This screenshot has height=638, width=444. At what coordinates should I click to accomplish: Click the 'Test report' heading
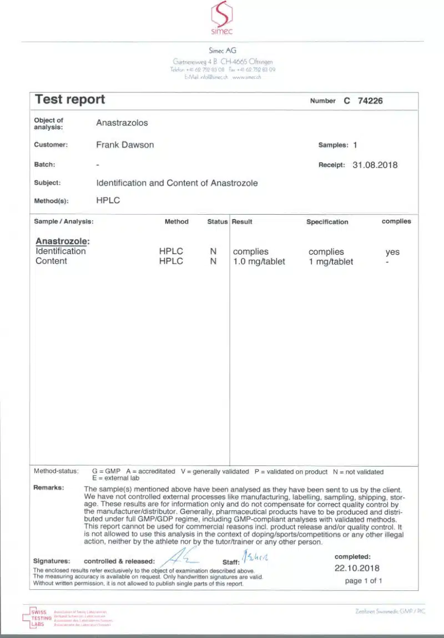(70, 100)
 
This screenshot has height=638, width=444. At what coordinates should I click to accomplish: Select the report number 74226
(370, 101)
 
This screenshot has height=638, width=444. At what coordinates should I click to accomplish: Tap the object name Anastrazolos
(122, 123)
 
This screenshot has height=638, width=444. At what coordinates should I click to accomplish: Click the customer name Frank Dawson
(125, 145)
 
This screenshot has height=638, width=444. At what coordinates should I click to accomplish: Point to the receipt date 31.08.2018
(375, 165)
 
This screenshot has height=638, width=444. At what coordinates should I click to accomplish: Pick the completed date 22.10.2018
(357, 568)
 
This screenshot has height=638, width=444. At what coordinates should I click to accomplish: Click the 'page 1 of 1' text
(364, 581)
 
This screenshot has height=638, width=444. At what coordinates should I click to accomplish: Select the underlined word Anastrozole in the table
(62, 241)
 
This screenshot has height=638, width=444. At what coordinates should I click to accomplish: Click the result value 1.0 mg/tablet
(259, 261)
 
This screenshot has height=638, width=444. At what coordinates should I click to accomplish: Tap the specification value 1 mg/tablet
(331, 261)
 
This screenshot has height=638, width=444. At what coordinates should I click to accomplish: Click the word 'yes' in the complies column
(392, 252)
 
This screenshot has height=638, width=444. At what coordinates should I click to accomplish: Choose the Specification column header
(327, 222)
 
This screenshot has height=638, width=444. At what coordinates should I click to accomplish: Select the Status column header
(218, 222)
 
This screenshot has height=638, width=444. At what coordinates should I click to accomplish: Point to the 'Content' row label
(51, 261)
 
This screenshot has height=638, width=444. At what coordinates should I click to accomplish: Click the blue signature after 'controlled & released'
(179, 556)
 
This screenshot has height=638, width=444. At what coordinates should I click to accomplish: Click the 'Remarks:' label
(49, 488)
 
